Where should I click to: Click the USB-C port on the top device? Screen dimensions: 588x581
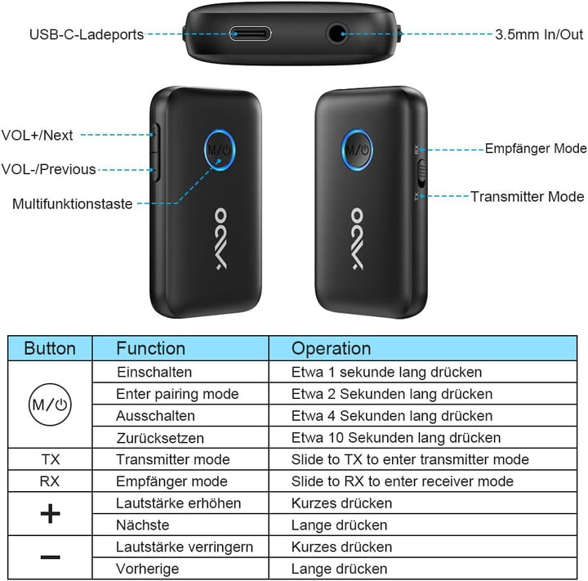250,34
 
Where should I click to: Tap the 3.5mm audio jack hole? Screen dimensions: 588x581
336,34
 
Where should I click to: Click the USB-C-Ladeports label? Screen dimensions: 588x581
87,34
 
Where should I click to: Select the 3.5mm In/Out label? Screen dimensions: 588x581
539,34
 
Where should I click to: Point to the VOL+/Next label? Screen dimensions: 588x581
37,135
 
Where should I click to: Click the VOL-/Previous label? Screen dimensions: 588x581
49,169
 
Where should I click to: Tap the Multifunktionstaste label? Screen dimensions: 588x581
73,203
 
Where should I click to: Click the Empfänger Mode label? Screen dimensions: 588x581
536,148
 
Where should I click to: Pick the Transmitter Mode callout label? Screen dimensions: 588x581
528,196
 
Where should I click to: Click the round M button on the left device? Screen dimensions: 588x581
220,150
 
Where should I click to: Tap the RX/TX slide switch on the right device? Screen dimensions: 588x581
421,173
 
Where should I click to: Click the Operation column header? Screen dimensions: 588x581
331,348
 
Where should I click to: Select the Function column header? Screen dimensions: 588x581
151,348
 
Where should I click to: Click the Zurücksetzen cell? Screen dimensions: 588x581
160,438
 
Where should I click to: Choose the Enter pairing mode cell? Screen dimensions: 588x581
177,394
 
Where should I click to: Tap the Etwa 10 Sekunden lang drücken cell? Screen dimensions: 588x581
396,438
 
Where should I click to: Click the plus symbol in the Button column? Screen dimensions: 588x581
51,513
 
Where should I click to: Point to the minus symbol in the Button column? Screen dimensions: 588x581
51,557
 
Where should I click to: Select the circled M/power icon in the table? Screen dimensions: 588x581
50,404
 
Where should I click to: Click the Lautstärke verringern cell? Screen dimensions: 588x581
185,547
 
